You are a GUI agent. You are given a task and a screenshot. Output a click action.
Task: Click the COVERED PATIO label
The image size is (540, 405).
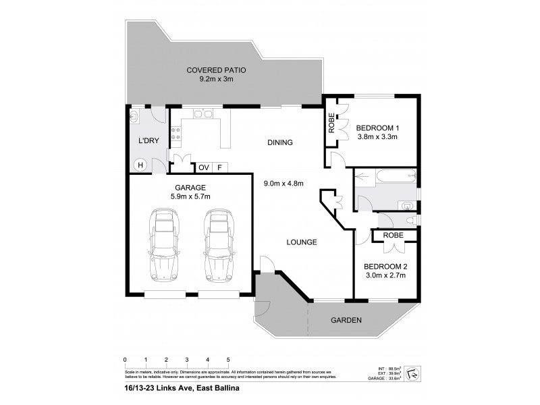pyautogui.click(x=216, y=70)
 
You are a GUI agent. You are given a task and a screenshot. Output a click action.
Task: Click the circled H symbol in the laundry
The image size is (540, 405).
pyautogui.click(x=140, y=164)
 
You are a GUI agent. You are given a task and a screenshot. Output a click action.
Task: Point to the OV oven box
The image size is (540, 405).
pyautogui.click(x=203, y=167)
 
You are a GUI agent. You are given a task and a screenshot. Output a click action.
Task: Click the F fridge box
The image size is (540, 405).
pyautogui.click(x=219, y=167)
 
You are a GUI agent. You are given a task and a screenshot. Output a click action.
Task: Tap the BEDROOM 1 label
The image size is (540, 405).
pyautogui.click(x=378, y=128)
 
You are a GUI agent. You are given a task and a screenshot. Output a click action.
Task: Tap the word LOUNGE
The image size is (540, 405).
pyautogui.click(x=301, y=242)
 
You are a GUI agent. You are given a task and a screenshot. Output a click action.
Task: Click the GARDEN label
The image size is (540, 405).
pyautogui.click(x=346, y=320)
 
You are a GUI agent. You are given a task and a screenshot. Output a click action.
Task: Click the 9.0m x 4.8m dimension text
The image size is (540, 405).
pyautogui.click(x=283, y=183)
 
